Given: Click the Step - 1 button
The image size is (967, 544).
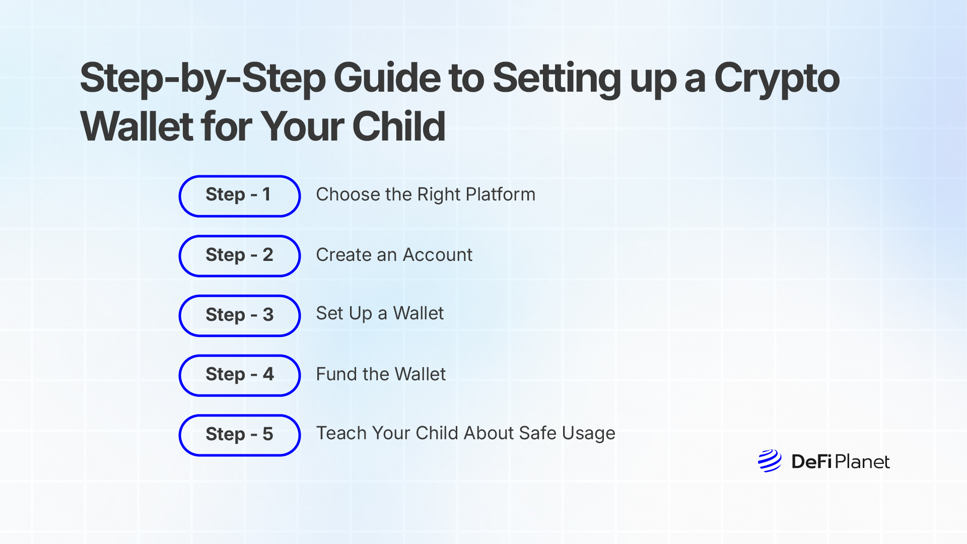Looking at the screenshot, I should click(x=239, y=196).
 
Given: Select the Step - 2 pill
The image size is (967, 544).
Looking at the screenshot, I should click(x=239, y=256).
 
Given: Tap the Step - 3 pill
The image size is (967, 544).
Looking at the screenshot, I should click(x=239, y=316).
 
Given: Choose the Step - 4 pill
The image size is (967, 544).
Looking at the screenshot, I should click(x=239, y=375).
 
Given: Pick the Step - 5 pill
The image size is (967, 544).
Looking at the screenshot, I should click(x=239, y=435).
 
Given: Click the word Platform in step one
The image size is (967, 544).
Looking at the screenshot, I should click(x=500, y=194).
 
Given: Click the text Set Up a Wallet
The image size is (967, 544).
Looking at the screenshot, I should click(x=380, y=314).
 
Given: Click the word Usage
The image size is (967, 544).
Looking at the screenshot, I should click(x=588, y=433).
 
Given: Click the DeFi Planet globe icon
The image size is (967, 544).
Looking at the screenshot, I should click(x=770, y=461).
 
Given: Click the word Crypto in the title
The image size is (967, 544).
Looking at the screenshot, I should click(x=777, y=79).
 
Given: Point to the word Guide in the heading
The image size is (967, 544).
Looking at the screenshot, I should click(x=387, y=78).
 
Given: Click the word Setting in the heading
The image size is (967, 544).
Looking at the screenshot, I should click(x=557, y=79).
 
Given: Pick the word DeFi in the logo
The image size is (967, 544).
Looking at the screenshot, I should click(x=811, y=461).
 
